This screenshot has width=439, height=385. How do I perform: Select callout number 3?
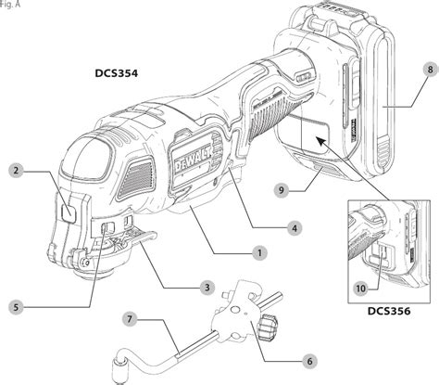point(209,288)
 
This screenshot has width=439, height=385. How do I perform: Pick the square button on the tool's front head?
point(68,211)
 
